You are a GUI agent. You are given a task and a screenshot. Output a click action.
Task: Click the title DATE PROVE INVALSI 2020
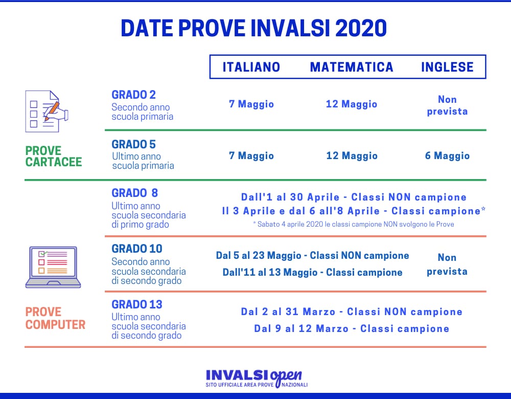click(254, 29)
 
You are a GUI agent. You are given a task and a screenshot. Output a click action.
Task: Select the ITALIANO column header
click(251, 67)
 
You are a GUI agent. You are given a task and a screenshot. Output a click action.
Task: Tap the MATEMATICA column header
click(352, 67)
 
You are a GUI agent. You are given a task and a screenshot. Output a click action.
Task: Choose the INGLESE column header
click(447, 67)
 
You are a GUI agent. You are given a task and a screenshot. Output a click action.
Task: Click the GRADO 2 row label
click(133, 95)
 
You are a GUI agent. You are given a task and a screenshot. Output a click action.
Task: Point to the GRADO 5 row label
click(133, 144)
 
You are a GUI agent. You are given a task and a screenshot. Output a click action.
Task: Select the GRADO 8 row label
click(135, 193)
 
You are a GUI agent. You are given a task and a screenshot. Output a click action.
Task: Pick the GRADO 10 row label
click(137, 249)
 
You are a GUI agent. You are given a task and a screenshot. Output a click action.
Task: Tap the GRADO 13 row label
click(137, 304)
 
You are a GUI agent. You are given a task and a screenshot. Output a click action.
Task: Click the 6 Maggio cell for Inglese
click(447, 156)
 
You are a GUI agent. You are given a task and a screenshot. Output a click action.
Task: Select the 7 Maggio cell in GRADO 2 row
click(251, 104)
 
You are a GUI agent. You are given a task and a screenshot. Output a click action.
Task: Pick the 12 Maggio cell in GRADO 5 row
click(352, 156)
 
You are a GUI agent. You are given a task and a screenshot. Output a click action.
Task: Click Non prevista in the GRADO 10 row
click(447, 264)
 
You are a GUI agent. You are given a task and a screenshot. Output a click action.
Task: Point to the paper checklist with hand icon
click(46, 111)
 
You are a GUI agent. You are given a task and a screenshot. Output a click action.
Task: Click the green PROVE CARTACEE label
click(54, 157)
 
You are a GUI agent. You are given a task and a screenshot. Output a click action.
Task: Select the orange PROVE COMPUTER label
click(55, 318)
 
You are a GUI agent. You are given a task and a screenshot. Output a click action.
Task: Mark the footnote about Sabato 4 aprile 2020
click(354, 224)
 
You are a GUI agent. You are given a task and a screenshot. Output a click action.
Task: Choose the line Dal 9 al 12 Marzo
click(352, 328)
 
